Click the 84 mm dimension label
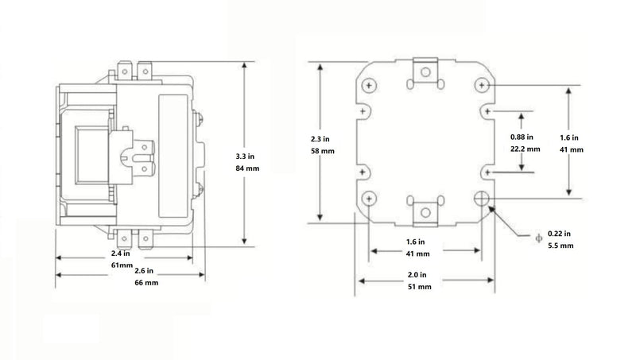[x=247, y=168]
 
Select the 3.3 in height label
[x=245, y=156]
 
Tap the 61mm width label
[x=122, y=265]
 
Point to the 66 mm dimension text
[x=146, y=283]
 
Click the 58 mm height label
[x=323, y=151]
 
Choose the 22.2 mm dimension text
[x=525, y=149]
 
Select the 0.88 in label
[x=522, y=137]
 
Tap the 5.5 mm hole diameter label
[x=560, y=246]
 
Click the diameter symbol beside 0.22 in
[x=539, y=238]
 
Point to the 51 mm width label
[x=420, y=287]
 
